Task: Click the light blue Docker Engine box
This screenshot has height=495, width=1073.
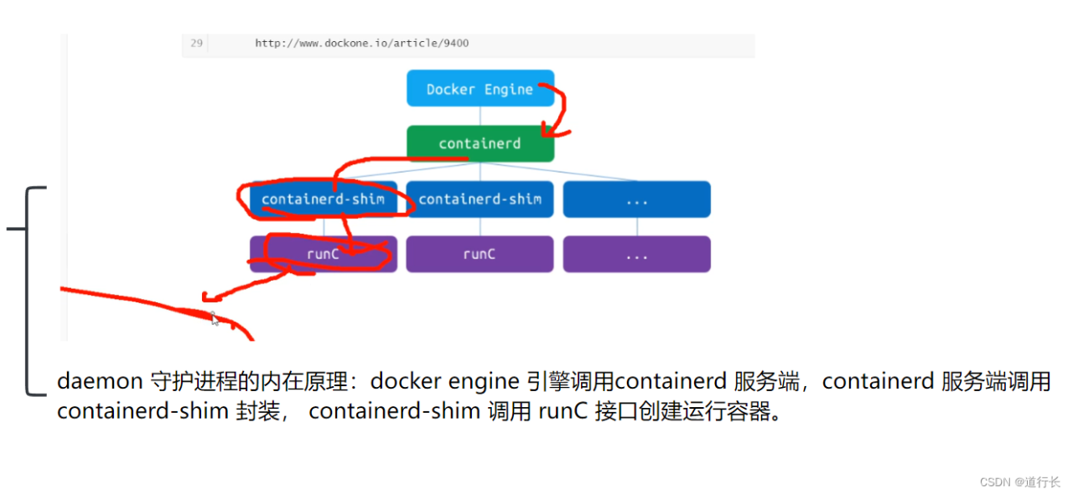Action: (479, 89)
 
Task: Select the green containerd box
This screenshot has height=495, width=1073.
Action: (479, 143)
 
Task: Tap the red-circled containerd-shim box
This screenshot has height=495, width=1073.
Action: (324, 199)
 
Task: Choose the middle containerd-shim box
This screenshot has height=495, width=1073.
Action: (479, 199)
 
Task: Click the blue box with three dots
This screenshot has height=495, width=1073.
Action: (636, 199)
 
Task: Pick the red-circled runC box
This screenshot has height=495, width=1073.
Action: (324, 254)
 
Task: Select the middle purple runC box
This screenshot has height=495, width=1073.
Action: (479, 254)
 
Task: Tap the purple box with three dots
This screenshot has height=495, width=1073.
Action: (636, 254)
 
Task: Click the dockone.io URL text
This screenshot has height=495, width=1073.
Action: (362, 43)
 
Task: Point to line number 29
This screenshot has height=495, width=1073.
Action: (197, 43)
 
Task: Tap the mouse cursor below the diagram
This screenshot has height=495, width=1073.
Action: (214, 318)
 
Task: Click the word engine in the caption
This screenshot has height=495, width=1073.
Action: (488, 382)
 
